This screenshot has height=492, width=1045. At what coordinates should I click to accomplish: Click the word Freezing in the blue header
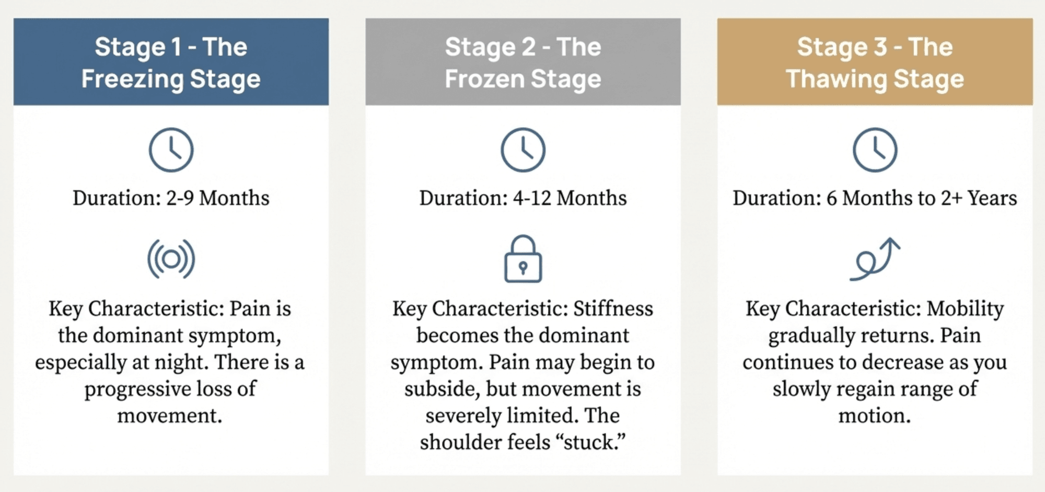(133, 79)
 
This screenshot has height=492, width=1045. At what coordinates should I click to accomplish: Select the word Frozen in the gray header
(485, 79)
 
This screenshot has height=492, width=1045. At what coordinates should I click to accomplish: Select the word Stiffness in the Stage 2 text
(613, 309)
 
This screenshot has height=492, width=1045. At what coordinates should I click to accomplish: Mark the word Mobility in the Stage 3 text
(965, 309)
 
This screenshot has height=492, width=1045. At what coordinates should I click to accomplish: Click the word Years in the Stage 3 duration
(992, 198)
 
